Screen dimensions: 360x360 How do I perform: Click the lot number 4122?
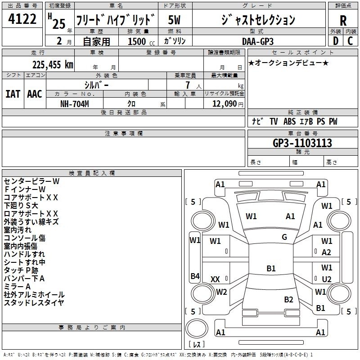(x=22, y=19)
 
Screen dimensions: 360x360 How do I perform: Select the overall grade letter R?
(x=343, y=21)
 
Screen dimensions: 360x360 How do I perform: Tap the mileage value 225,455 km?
(x=53, y=65)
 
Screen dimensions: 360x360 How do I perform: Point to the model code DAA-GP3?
(x=258, y=41)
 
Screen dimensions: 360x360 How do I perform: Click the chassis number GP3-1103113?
(x=302, y=143)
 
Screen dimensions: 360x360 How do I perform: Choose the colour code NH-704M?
(x=75, y=104)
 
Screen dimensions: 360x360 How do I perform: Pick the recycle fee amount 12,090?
(x=225, y=104)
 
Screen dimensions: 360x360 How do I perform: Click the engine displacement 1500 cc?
(x=141, y=41)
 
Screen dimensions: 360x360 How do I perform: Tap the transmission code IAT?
(x=13, y=94)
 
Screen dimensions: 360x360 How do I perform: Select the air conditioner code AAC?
(x=35, y=94)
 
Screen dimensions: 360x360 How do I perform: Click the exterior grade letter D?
(x=336, y=41)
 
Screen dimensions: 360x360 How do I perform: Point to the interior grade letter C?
(x=350, y=41)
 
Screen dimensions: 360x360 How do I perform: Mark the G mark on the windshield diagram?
(x=284, y=237)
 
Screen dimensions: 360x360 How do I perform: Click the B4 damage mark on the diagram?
(x=195, y=276)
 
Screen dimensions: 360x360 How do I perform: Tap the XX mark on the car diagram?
(x=215, y=279)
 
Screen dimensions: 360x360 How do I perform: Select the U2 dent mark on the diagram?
(x=327, y=279)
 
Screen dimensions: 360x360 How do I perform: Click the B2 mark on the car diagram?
(x=288, y=299)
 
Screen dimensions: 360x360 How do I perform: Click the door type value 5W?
(x=174, y=20)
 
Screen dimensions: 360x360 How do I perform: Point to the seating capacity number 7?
(x=188, y=85)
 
